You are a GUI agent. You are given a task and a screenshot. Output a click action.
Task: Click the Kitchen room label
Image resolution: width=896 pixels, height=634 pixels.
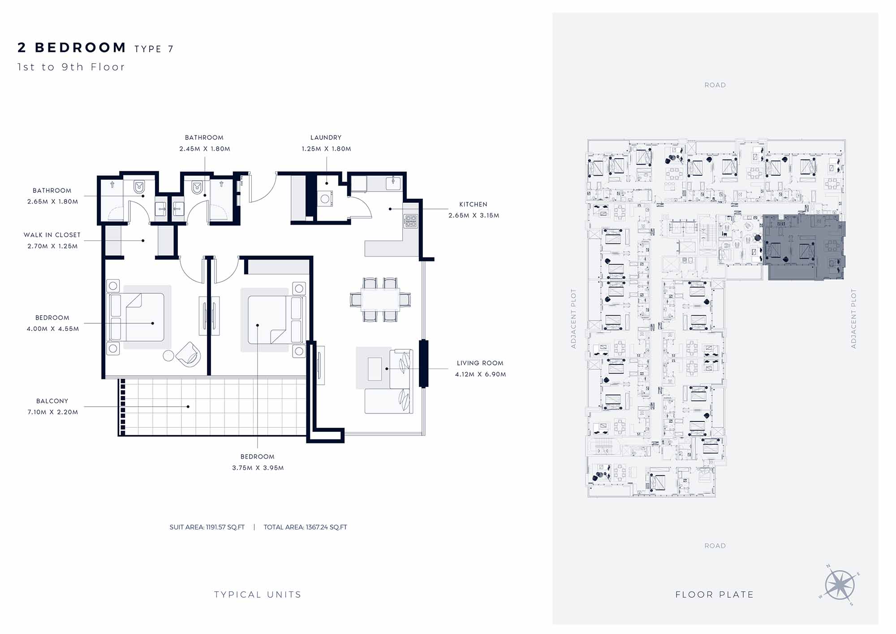click(473, 204)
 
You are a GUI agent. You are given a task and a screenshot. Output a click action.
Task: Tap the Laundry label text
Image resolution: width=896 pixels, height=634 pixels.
click(326, 138)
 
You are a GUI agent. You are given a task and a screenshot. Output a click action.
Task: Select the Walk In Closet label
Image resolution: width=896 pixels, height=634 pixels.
click(52, 235)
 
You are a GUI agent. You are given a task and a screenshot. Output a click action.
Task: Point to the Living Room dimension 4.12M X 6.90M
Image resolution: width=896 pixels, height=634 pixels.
click(481, 374)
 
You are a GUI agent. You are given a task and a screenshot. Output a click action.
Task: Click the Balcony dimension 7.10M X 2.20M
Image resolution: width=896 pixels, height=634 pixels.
click(53, 412)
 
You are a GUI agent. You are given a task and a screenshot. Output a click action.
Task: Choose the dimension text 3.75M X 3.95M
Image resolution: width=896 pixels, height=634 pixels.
click(258, 468)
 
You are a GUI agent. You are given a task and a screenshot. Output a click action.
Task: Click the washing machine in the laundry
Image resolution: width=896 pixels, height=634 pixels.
click(325, 198)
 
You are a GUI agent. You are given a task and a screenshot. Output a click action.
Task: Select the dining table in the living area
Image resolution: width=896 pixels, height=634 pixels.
click(380, 300)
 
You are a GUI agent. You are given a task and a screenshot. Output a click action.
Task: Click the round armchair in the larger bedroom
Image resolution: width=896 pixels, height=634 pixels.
click(189, 354)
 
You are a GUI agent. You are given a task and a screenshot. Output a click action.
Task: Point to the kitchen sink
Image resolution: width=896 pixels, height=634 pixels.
click(393, 183)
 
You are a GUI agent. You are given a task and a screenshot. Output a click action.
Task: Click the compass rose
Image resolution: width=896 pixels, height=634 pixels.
click(840, 585)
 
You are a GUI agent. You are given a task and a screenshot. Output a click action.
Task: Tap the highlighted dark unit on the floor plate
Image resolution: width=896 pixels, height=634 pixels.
click(804, 247)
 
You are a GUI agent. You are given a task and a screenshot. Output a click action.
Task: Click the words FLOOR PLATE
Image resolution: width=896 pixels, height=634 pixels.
click(715, 595)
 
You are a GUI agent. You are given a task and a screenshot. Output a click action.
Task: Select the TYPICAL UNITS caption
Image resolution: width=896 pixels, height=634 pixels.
click(258, 595)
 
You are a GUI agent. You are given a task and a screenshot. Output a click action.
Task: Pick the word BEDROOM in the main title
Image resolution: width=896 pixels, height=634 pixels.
click(81, 48)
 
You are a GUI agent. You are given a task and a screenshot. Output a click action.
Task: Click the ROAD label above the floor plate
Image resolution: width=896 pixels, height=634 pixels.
click(715, 85)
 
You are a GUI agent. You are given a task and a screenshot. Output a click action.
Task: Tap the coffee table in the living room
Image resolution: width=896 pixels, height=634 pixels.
click(375, 369)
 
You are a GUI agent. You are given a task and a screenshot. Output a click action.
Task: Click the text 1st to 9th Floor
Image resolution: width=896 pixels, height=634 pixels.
click(71, 67)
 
